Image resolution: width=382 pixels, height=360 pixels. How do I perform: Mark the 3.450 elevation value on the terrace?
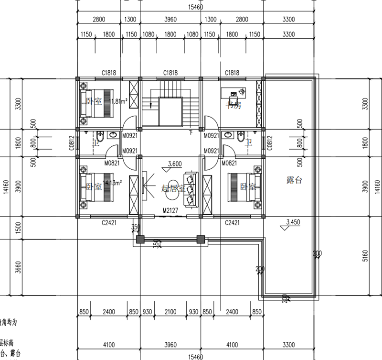pyautogui.click(x=293, y=222)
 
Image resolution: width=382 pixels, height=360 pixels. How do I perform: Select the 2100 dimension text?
pyautogui.click(x=170, y=312)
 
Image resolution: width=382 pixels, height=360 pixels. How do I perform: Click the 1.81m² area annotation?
pyautogui.click(x=119, y=101)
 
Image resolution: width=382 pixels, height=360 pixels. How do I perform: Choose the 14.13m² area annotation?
pyautogui.click(x=114, y=183)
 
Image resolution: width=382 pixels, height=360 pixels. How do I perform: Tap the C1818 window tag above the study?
pyautogui.click(x=232, y=73)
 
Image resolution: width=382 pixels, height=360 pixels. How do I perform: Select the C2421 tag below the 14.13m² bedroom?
pyautogui.click(x=110, y=222)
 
